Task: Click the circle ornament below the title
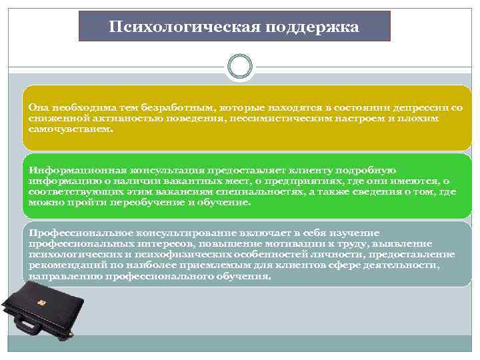240,67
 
